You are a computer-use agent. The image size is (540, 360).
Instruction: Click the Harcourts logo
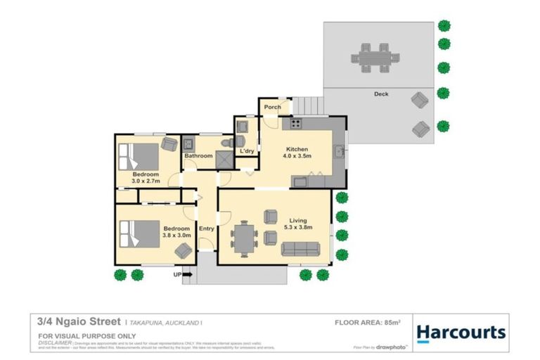[x=461, y=333]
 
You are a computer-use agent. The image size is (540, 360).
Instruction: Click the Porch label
[x=272, y=108]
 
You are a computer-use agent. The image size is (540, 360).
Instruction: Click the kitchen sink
[x=340, y=150]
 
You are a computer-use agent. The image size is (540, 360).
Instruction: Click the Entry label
[x=206, y=229]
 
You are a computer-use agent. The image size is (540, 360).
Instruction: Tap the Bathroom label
[x=198, y=156]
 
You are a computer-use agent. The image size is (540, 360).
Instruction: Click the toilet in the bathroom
[x=224, y=143]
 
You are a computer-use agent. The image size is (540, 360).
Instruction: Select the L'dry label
[x=246, y=151]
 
